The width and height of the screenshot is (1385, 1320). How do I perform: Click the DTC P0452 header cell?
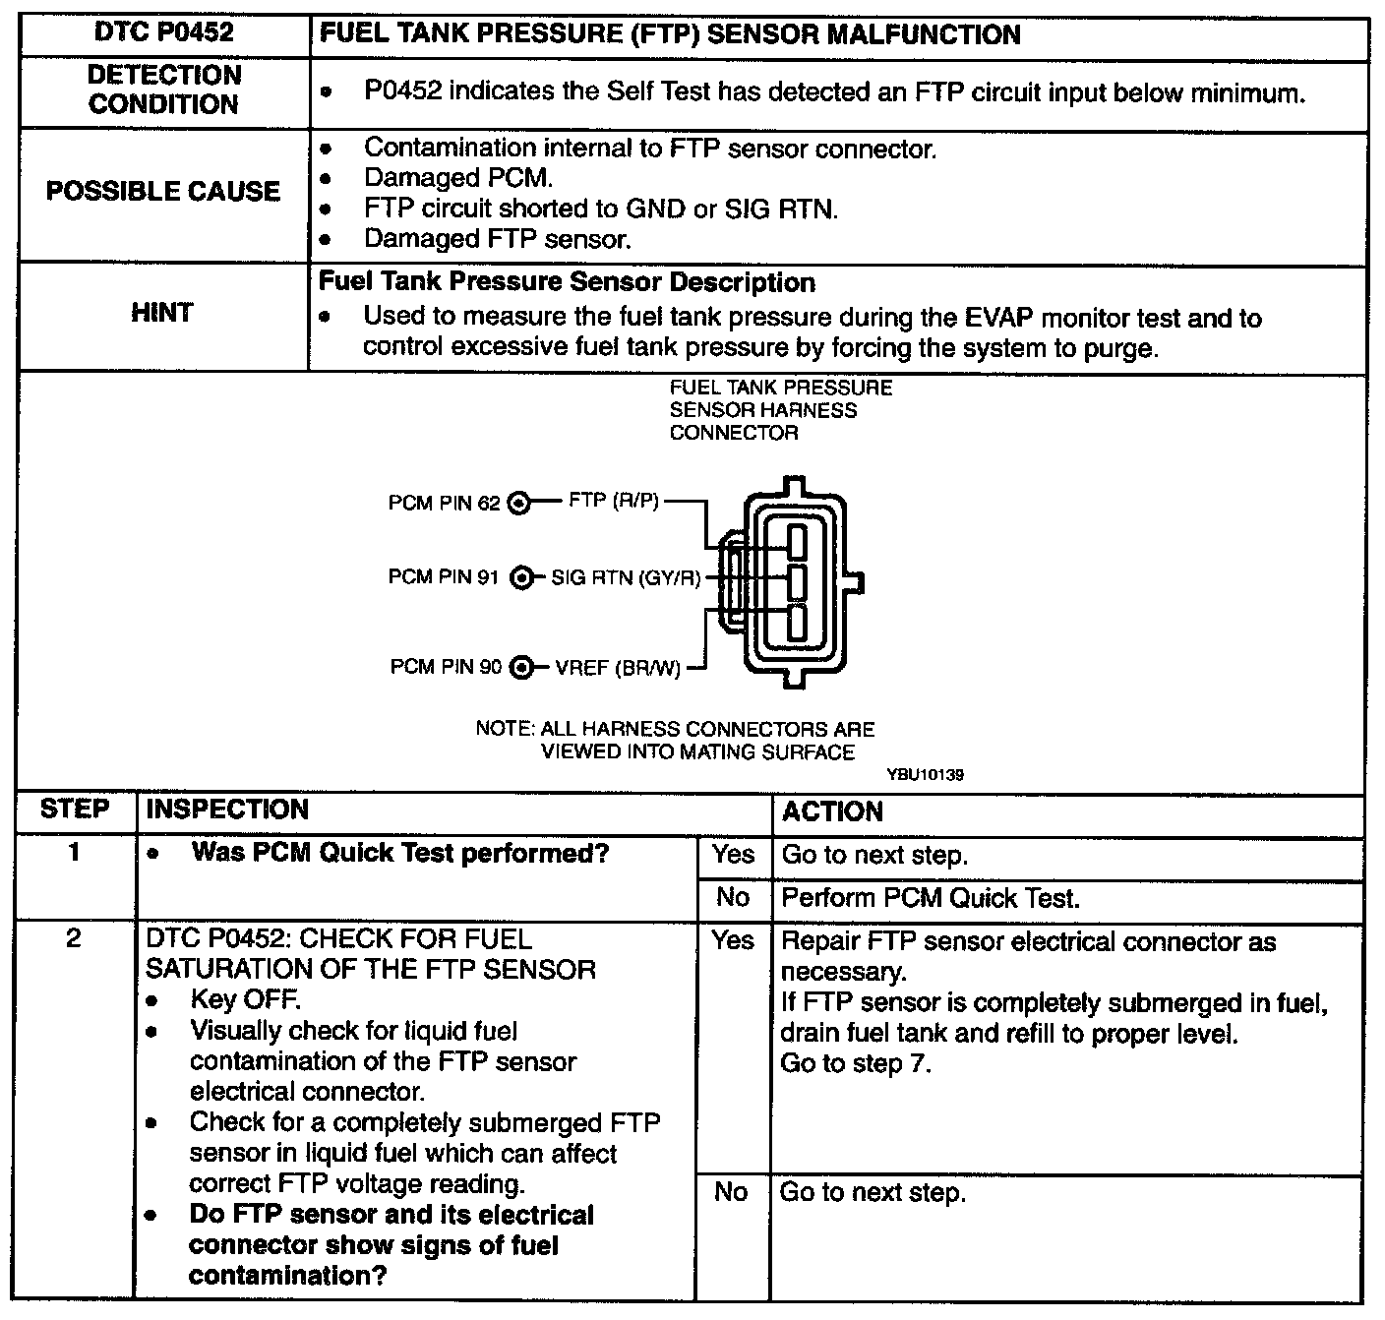[x=164, y=33]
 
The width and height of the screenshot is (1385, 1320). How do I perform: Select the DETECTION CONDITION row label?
[x=164, y=90]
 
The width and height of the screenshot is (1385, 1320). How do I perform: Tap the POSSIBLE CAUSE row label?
[x=163, y=191]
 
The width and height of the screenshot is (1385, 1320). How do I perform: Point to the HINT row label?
[x=162, y=313]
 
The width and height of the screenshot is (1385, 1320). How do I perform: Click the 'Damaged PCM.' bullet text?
[x=458, y=178]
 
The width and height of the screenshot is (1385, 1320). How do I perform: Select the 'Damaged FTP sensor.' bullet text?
[x=497, y=239]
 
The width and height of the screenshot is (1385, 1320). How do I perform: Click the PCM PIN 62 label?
[x=445, y=504]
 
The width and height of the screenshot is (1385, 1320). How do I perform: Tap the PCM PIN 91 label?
[x=445, y=577]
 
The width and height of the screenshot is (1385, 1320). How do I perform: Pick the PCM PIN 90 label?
[x=446, y=667]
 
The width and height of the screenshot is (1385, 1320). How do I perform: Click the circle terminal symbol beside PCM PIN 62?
[x=518, y=504]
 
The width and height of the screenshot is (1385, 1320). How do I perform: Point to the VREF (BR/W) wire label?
[x=618, y=668]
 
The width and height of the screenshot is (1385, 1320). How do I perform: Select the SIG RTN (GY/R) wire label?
[x=626, y=577]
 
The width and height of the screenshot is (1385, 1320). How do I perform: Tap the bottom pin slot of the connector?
[x=797, y=623]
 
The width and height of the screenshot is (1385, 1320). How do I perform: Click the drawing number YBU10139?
[x=925, y=775]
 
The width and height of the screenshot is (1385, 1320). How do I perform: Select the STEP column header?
[x=75, y=810]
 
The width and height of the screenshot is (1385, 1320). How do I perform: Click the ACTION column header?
[x=832, y=811]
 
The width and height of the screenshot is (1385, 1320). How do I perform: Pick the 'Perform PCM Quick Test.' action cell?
[x=930, y=898]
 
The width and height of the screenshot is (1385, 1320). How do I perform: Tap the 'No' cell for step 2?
[x=731, y=1192]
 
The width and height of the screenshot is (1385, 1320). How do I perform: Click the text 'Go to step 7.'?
[x=854, y=1063]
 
